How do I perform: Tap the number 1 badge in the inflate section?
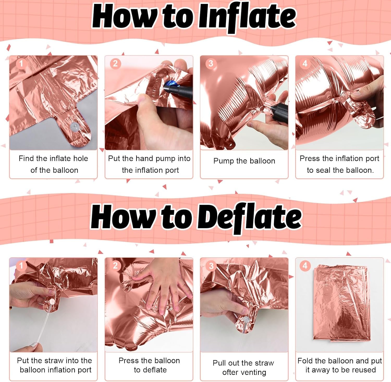pos(21,63)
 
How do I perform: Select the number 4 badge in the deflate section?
pos(305,266)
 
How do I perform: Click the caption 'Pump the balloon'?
pos(244,161)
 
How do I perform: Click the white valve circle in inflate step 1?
pos(75,127)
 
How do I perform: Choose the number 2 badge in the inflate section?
pos(115,63)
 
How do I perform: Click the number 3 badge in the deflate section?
pos(211,266)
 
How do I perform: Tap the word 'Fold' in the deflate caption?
pos(305,361)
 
